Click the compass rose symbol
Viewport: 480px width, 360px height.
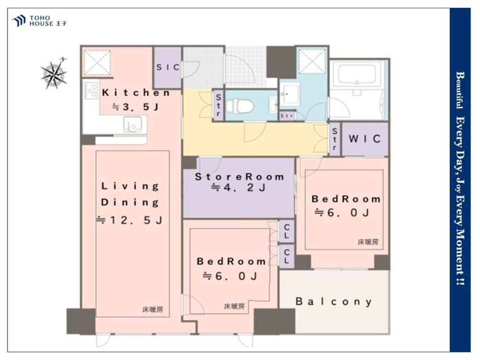pos(54,73)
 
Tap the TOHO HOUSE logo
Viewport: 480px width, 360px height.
pos(39,21)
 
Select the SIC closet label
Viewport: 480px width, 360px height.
pos(168,67)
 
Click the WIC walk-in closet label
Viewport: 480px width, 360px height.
pos(365,139)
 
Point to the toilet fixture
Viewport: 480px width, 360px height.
pos(240,106)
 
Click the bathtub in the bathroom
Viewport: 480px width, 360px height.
pos(357,73)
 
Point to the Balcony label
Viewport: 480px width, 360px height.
pos(334,301)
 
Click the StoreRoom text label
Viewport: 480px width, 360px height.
pos(240,177)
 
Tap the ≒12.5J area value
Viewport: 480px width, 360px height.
pos(129,220)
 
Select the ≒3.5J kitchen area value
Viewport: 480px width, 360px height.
pos(136,107)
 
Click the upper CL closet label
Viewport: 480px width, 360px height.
pos(287,231)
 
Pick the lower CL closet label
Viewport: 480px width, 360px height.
pos(287,256)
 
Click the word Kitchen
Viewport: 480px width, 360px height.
pos(136,93)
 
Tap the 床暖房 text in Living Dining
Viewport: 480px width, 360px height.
pos(153,309)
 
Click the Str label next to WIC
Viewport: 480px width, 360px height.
pos(335,139)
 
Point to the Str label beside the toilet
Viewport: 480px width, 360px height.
pos(218,105)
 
